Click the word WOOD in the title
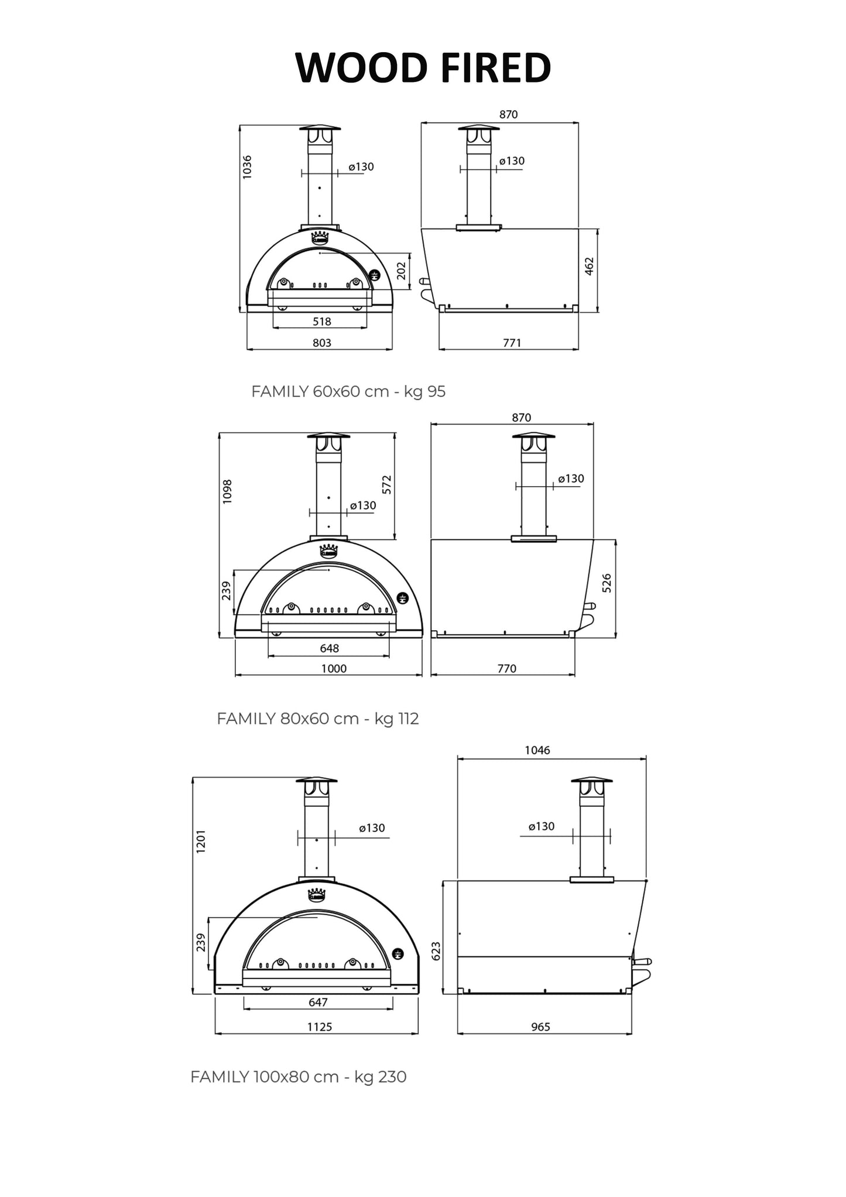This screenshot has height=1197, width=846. pos(361,67)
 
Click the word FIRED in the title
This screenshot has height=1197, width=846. pos(496,67)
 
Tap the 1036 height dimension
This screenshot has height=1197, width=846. pos(246,167)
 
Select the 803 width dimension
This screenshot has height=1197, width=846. pos(322,343)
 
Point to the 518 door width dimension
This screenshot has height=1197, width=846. pos(322,321)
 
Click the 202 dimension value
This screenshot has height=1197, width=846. pos(402,271)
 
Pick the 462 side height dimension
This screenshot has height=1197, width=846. pos(590,266)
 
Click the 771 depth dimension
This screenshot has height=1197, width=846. pos(512,343)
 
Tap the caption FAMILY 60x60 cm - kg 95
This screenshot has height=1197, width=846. pos(348,391)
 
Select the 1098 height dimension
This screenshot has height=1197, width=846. pos(228,491)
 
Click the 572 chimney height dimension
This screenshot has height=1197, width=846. pos(386,484)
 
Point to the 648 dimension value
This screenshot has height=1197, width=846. pos(330,648)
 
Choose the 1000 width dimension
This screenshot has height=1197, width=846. pos(334,669)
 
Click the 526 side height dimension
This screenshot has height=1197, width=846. pos(607,583)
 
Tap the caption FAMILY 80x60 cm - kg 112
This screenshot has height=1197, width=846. pos(318,719)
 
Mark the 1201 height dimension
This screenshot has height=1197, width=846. pos(201,841)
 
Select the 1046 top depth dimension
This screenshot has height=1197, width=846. pos(537,750)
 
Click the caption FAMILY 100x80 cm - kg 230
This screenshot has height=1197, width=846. pos(299,1077)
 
